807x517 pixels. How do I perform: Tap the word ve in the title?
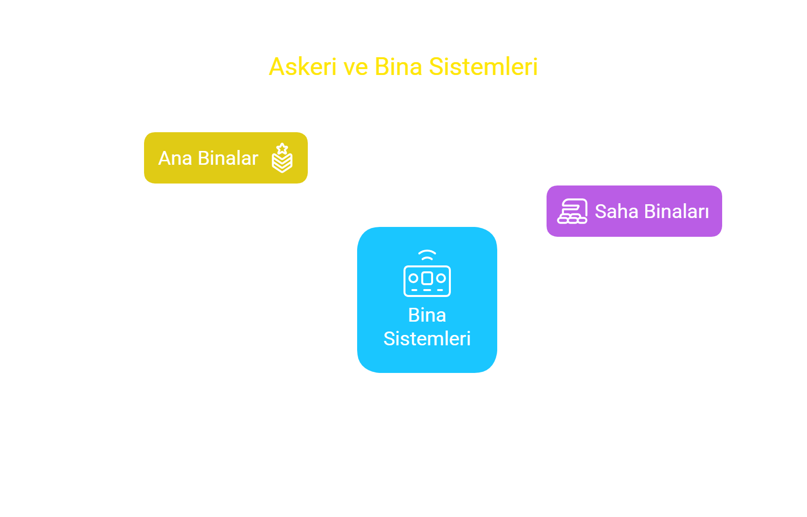(356, 67)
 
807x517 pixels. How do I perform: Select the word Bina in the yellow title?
(398, 67)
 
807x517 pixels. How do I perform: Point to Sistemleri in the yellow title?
(483, 67)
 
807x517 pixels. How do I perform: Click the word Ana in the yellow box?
(175, 158)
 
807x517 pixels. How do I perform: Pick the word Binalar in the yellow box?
(228, 158)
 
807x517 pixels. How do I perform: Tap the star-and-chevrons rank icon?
(282, 158)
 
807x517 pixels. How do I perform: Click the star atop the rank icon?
(283, 148)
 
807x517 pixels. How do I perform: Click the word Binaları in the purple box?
(676, 211)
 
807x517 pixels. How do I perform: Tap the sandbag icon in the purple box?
(573, 211)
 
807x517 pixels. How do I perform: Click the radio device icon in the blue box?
(427, 273)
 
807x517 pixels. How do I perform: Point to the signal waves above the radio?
(427, 255)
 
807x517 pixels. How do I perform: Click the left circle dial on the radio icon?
(413, 278)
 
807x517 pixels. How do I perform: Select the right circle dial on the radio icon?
(441, 278)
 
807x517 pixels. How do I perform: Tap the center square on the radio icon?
(427, 278)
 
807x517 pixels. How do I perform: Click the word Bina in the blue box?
(427, 315)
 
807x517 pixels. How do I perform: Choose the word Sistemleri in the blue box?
(427, 338)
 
